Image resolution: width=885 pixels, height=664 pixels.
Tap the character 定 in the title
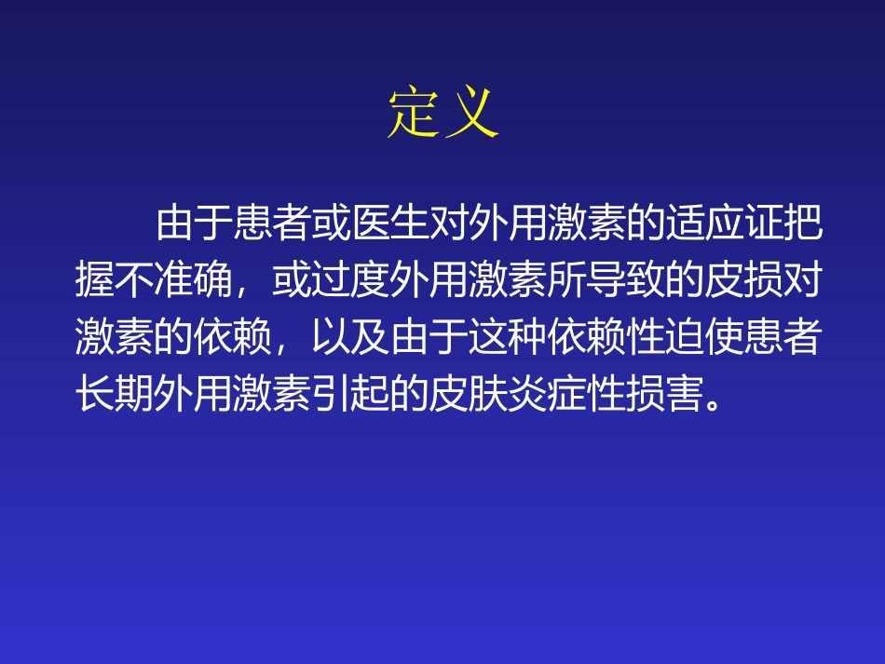414,115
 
